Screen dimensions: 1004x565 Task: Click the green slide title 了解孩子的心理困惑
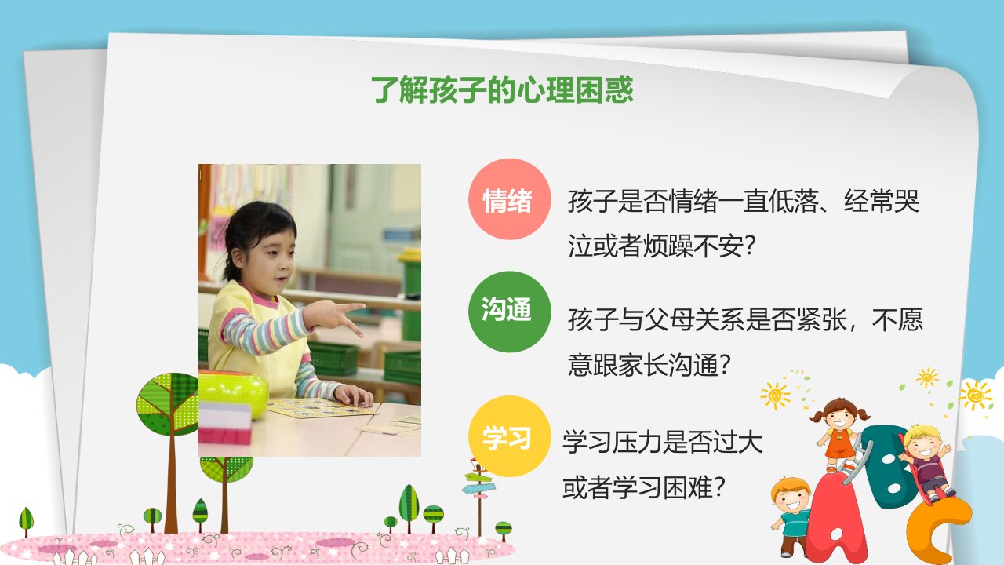coord(502,89)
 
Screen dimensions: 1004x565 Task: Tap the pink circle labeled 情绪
coord(509,199)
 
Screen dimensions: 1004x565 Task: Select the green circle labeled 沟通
coord(509,312)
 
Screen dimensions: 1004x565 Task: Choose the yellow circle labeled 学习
coord(509,436)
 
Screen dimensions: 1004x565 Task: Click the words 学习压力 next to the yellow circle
coord(613,442)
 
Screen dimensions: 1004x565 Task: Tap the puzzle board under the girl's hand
coord(321,408)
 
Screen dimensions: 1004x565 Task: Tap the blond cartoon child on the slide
coord(926,462)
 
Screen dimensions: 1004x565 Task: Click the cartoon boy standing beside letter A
coord(791,516)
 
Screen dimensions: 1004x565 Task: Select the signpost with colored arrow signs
coord(478,494)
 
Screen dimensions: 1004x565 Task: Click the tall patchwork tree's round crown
coord(168,404)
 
